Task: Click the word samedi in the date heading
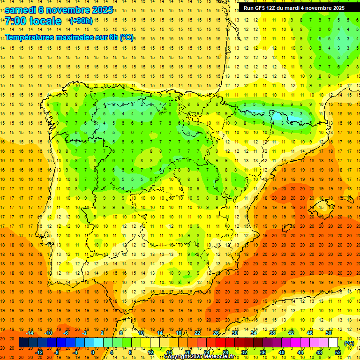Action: pyautogui.click(x=20, y=10)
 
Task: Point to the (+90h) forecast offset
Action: pyautogui.click(x=81, y=21)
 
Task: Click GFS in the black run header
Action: pyautogui.click(x=260, y=8)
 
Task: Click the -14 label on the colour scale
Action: pyautogui.click(x=30, y=333)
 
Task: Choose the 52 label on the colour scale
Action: pyautogui.click(x=337, y=352)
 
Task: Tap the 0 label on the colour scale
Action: pyautogui.click(x=93, y=352)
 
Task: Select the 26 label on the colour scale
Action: pyautogui.click(x=216, y=333)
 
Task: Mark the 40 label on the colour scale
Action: pyautogui.click(x=281, y=352)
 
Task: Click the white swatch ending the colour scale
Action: pyautogui.click(x=333, y=343)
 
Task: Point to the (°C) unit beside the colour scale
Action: pyautogui.click(x=349, y=343)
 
